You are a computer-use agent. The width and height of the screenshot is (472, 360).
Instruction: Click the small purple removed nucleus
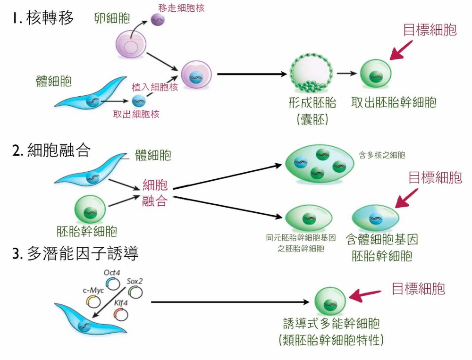(157, 20)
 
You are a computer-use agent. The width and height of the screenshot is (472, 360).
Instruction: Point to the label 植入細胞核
(155, 87)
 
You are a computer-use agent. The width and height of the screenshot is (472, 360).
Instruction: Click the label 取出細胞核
(136, 114)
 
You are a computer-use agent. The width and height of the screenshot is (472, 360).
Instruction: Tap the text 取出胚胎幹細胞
(394, 102)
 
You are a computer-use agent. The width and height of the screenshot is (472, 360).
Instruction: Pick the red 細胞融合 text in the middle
(155, 193)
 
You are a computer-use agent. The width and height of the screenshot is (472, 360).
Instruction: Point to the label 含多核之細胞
(382, 155)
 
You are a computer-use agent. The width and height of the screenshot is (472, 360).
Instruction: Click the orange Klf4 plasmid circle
(120, 314)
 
